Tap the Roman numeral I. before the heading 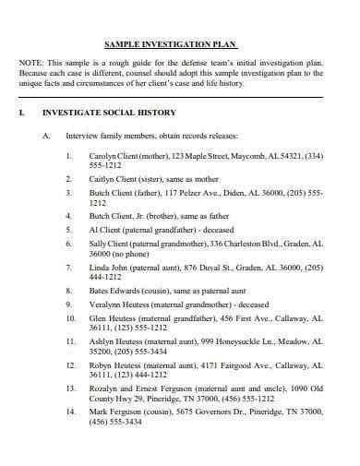pos(21,114)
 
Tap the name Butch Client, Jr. pos(118,213)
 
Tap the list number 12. pos(70,364)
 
